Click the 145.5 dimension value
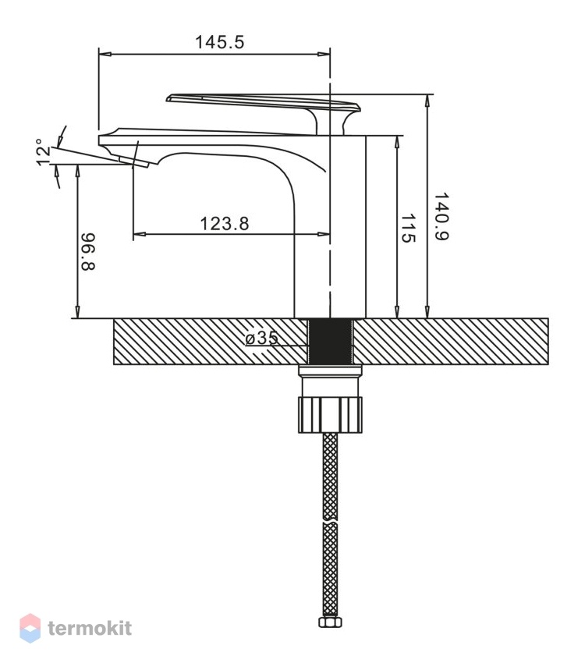click(x=219, y=42)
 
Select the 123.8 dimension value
click(x=224, y=223)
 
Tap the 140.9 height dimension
click(x=441, y=217)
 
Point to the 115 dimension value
click(x=408, y=229)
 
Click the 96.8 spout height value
click(x=88, y=252)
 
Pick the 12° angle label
click(x=44, y=152)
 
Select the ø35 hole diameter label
click(x=261, y=338)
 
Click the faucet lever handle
click(x=263, y=108)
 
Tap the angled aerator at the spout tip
click(x=133, y=162)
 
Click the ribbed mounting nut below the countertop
click(x=330, y=414)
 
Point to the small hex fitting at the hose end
click(x=330, y=622)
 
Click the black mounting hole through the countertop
click(x=330, y=341)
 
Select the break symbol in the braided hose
click(x=330, y=522)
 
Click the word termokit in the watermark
click(x=90, y=628)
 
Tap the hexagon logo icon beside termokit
click(x=30, y=628)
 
